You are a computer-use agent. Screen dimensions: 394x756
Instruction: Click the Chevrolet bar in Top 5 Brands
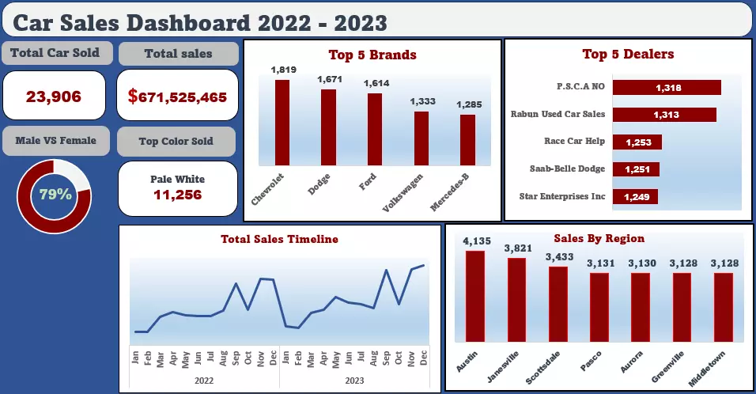(x=282, y=123)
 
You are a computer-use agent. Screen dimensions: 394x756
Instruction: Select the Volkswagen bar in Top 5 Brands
(x=421, y=138)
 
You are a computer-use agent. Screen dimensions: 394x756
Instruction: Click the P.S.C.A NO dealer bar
(x=667, y=88)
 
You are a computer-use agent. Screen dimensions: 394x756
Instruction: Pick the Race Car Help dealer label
(x=574, y=142)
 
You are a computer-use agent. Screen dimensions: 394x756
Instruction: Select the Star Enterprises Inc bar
(x=635, y=196)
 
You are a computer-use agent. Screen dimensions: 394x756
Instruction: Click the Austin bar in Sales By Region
(x=475, y=296)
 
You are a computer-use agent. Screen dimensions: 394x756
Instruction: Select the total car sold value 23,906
(x=54, y=97)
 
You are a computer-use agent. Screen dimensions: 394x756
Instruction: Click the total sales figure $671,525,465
(x=177, y=97)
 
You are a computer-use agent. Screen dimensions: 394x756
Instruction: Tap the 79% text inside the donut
(x=55, y=193)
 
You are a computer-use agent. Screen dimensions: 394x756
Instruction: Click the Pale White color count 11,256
(x=177, y=195)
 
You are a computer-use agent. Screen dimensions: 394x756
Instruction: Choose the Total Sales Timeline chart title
(x=279, y=238)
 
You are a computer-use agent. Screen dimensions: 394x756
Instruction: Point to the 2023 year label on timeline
(x=353, y=380)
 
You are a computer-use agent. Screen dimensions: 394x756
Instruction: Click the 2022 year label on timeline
(x=204, y=380)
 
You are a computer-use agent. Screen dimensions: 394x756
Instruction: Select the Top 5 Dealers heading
(x=628, y=55)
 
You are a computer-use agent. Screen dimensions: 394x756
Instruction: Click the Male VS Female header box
(x=55, y=141)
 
